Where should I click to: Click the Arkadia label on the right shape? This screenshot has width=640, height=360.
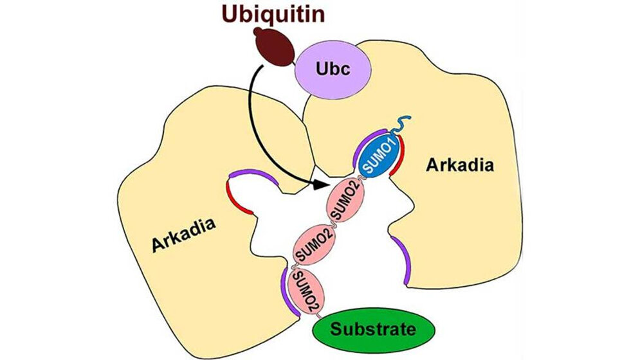point(460,165)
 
